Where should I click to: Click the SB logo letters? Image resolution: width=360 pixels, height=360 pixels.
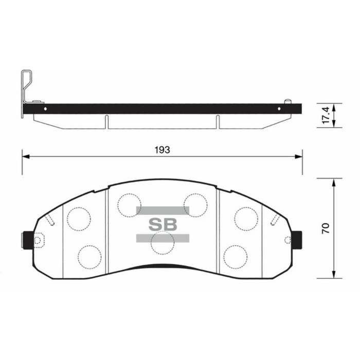coord(163,225)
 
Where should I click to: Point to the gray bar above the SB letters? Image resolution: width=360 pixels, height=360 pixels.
coord(163,210)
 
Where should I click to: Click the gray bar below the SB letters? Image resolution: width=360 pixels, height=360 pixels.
coord(163,238)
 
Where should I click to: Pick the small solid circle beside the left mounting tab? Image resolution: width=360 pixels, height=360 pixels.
coord(38,240)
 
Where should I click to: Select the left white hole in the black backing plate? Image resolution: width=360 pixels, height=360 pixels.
coord(45,109)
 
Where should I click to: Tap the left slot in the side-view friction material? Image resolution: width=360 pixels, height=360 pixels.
coord(107,121)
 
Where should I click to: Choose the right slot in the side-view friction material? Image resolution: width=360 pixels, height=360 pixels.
coord(218,121)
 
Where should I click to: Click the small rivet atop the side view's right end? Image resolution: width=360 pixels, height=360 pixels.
coord(289,100)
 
